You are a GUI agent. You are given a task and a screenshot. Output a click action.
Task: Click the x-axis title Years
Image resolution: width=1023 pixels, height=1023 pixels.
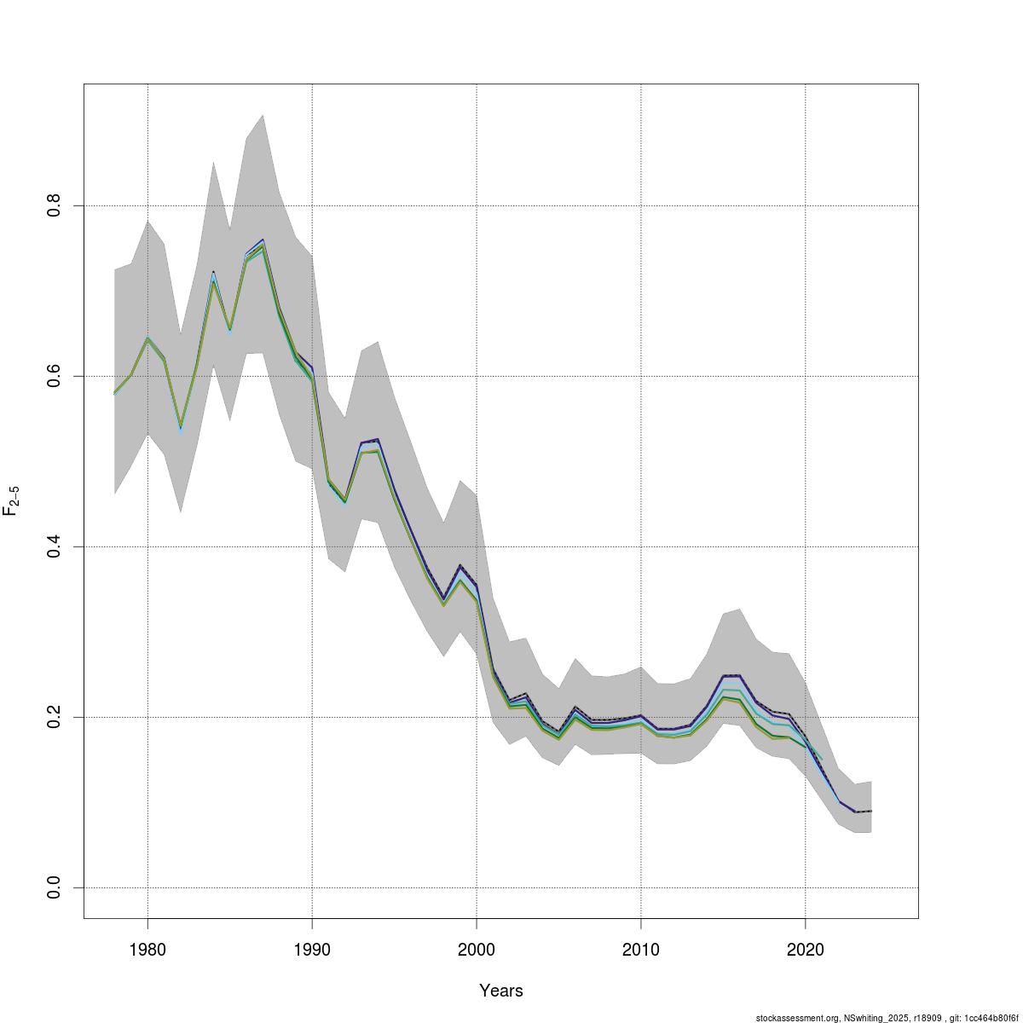(501, 991)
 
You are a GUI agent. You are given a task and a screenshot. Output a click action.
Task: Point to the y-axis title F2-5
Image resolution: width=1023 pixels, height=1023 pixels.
(12, 500)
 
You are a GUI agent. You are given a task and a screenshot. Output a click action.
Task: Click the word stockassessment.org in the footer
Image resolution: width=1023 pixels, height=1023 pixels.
(796, 1018)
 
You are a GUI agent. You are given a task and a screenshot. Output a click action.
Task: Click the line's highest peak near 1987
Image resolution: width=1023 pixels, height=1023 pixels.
(263, 241)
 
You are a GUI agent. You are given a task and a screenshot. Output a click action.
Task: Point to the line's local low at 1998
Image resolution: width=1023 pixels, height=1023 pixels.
(443, 600)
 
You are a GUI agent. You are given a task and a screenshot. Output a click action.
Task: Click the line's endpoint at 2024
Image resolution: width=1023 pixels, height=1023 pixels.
(870, 811)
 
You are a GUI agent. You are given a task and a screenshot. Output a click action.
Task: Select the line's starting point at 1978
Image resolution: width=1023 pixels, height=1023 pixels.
(115, 393)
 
